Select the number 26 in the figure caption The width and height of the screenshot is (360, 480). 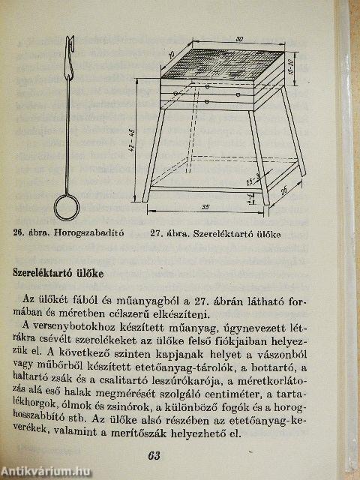pos(19,233)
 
